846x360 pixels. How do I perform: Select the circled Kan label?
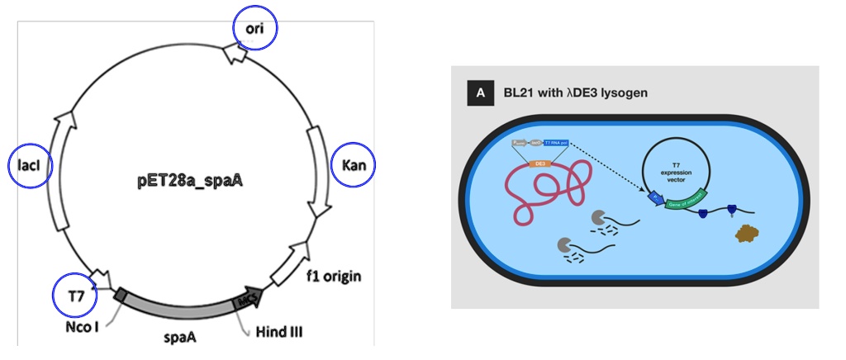(353, 166)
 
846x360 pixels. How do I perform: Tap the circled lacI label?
(29, 167)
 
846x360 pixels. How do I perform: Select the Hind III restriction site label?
(276, 332)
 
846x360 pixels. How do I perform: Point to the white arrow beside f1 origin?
(290, 262)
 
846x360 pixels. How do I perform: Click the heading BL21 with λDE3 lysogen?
(575, 92)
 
